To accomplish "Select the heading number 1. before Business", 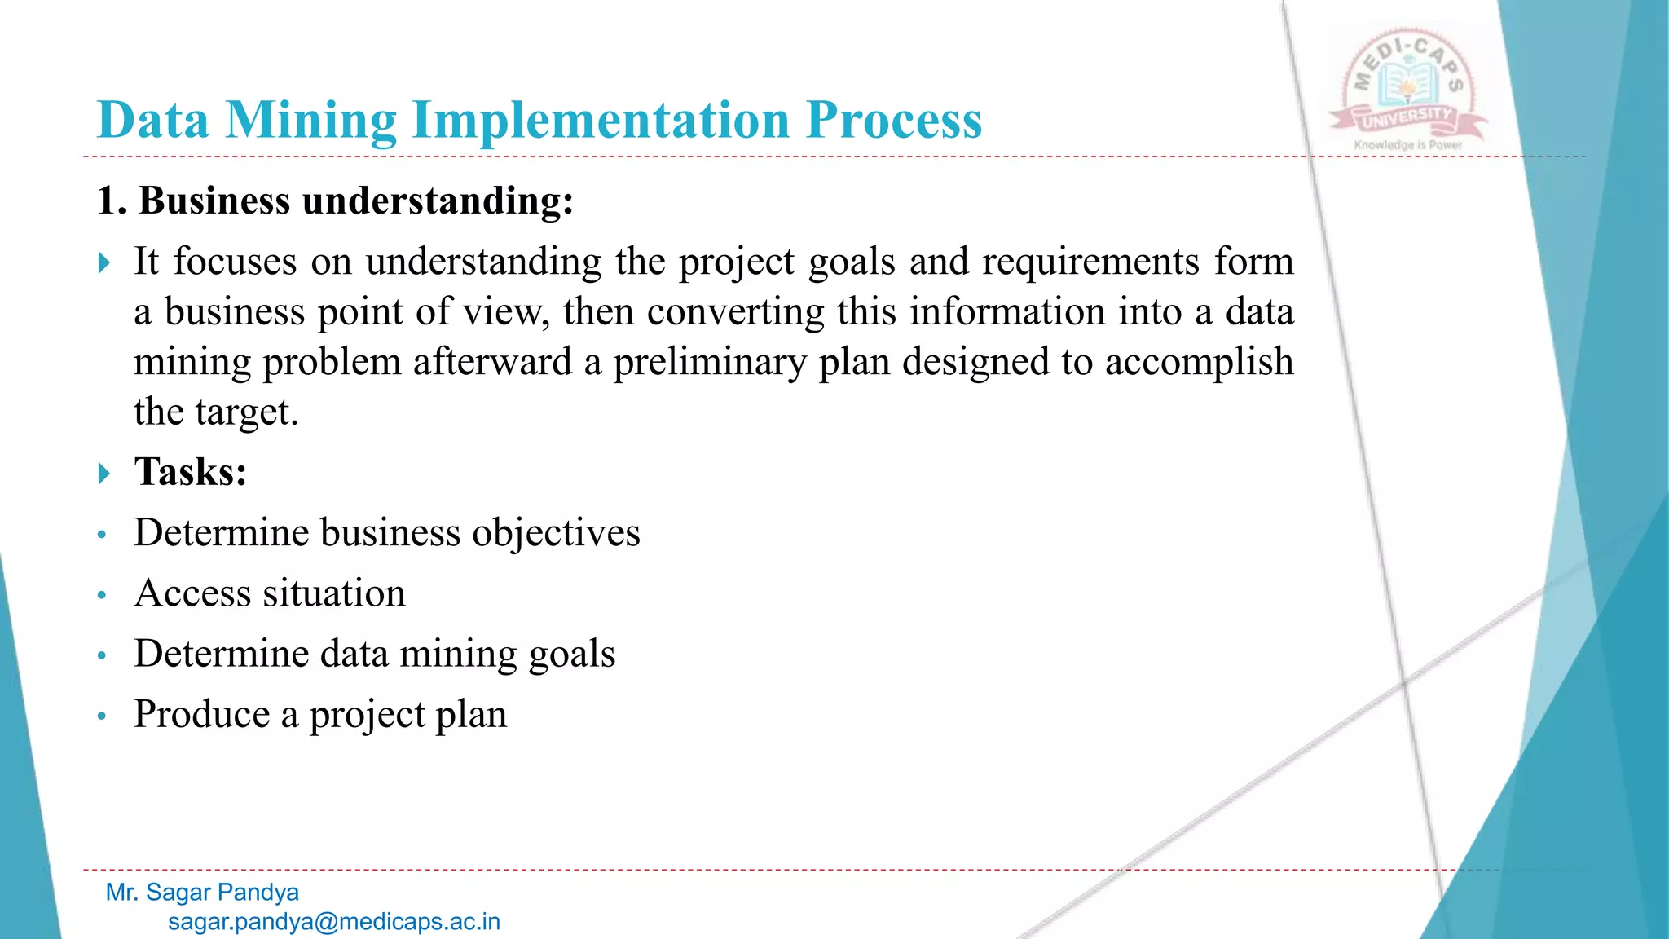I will (112, 201).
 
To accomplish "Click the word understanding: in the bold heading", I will (438, 201).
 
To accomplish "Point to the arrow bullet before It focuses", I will (103, 262).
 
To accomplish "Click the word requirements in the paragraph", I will (1090, 262).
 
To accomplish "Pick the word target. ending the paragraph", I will (245, 412).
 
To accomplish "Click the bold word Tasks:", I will (191, 472).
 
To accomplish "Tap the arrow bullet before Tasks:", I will (103, 473).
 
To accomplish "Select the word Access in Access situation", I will (192, 593).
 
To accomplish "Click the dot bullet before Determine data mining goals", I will (102, 655).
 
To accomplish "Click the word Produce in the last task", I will (202, 715).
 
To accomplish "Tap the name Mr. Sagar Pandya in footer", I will (202, 893).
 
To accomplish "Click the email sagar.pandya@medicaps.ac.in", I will (333, 922).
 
